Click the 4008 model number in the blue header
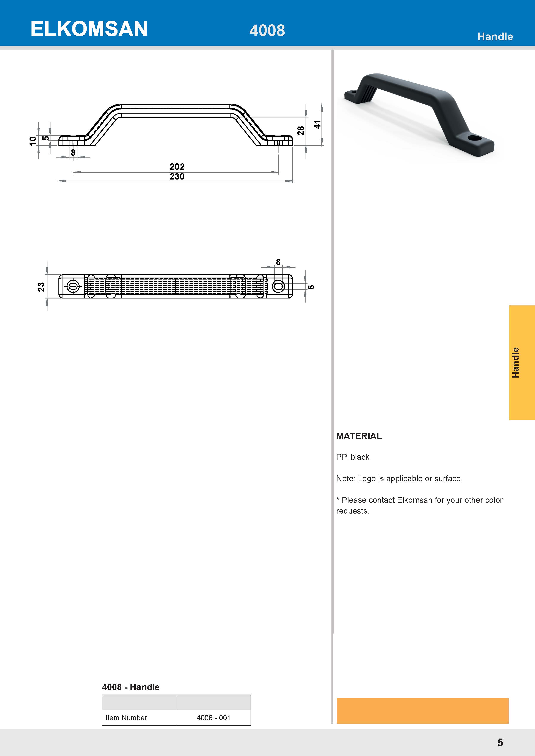point(267,31)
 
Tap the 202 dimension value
point(177,167)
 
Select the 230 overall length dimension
point(177,177)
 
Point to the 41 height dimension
point(317,125)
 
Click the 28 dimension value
point(300,131)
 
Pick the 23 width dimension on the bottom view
point(41,287)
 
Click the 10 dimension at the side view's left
point(33,141)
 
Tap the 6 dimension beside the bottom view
point(311,287)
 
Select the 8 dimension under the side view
point(73,152)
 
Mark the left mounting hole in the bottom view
point(73,286)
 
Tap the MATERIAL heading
point(359,436)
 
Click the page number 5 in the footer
point(500,742)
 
